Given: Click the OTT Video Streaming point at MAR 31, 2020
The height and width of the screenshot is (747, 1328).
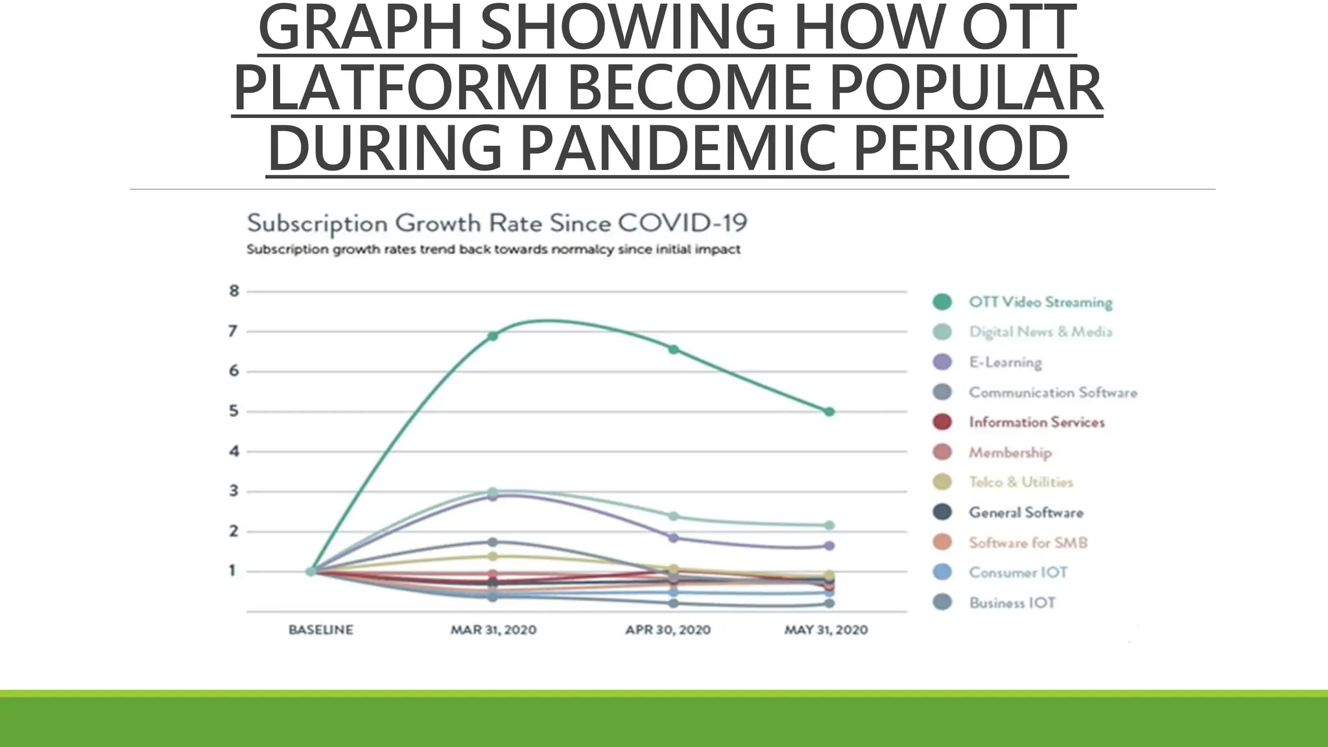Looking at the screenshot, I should coord(493,336).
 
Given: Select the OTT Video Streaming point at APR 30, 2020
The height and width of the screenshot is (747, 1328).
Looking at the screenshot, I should coord(673,350).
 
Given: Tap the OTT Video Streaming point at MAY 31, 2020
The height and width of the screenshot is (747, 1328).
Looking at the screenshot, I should coord(829,412).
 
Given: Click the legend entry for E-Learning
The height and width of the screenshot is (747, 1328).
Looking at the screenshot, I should coord(1005,362).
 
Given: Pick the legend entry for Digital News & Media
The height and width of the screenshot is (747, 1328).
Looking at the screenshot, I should coord(1040,332).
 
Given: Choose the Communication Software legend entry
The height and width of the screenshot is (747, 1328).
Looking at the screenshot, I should coord(1052,392).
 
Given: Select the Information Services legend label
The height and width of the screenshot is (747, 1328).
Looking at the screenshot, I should coord(1036,422).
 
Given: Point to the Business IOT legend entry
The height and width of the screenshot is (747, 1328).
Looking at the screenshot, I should coord(1012,602).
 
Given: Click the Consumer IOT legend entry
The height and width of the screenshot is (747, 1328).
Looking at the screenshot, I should coord(1017,573).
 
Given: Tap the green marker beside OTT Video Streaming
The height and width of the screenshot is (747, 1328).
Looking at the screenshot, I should coord(942,302).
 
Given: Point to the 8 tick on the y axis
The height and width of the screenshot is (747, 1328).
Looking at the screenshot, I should coord(234,291).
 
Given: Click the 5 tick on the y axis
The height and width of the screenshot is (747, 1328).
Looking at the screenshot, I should coord(234,411).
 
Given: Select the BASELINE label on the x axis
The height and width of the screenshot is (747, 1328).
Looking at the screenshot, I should coord(321,630).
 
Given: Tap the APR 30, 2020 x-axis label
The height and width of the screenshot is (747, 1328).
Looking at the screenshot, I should coord(668,630).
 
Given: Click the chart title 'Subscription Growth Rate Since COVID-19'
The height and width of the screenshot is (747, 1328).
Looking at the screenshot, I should coord(497,224).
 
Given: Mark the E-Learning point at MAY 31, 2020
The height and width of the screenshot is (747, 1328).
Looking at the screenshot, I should coord(829,546).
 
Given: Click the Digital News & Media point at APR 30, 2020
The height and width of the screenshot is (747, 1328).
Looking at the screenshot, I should coord(673,516).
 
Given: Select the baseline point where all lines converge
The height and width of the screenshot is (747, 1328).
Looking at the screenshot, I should coord(311,571).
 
